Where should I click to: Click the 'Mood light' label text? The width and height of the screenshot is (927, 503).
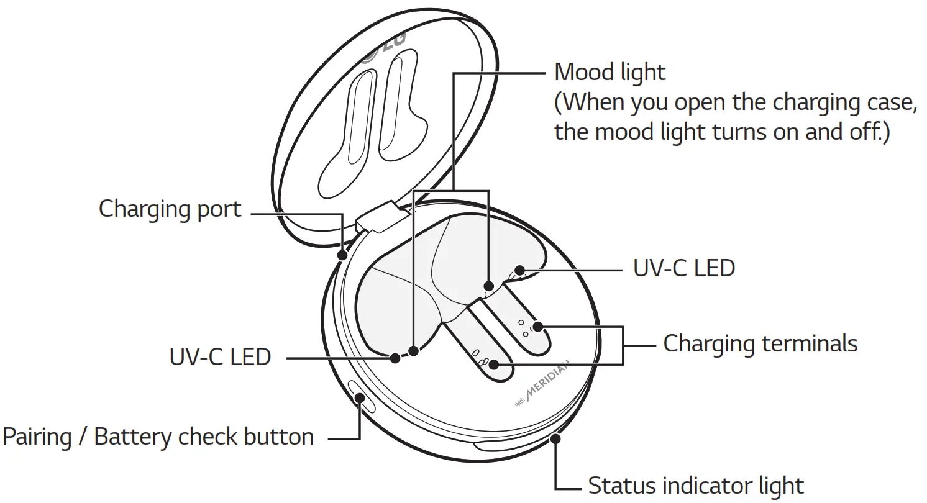tap(609, 73)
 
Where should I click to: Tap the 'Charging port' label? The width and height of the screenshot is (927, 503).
tap(170, 209)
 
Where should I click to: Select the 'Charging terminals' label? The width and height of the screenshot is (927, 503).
tap(760, 343)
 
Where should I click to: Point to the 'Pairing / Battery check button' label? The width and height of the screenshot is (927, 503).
tap(158, 437)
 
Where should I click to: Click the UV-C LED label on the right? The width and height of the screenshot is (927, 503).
tap(683, 268)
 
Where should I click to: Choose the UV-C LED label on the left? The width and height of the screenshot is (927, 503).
tap(220, 357)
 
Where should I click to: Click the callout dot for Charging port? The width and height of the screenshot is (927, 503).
tap(342, 255)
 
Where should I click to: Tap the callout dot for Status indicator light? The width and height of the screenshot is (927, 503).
tap(555, 439)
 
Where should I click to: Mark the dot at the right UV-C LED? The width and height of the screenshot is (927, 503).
tap(521, 271)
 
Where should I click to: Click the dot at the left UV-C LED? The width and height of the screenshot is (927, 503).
tap(395, 357)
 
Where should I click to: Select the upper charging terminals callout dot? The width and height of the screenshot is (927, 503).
tap(538, 326)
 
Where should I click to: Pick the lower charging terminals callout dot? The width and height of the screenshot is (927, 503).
tap(494, 364)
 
